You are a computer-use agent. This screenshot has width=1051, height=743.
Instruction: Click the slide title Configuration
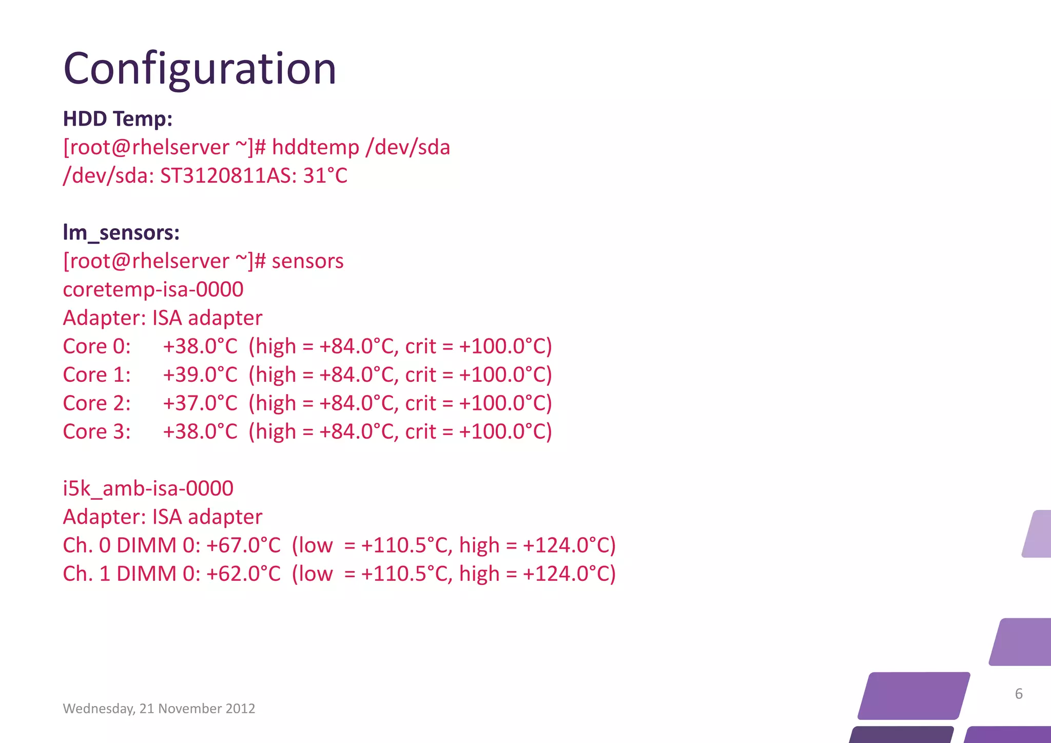point(200,69)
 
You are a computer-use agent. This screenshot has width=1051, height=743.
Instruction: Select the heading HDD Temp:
point(118,119)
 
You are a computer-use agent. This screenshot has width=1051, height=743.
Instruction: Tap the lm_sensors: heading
point(121,232)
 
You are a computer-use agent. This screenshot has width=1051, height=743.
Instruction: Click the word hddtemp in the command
point(315,148)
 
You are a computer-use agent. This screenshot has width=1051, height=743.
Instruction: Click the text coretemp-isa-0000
point(153,290)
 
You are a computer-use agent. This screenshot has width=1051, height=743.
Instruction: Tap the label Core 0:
point(96,347)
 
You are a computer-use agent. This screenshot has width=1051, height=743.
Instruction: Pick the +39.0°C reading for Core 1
point(200,375)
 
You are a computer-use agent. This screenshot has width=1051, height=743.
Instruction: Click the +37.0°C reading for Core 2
point(200,403)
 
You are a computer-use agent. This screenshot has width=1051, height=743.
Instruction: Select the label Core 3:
point(96,432)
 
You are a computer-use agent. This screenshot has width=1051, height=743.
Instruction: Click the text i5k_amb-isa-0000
point(148,488)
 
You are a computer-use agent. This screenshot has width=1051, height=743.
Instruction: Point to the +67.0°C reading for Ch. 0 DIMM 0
point(243,545)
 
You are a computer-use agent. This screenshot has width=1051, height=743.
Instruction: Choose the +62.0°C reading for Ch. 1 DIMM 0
point(243,574)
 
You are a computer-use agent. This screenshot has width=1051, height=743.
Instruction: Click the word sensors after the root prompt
point(307,261)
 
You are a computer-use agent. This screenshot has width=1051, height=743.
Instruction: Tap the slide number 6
point(1019,694)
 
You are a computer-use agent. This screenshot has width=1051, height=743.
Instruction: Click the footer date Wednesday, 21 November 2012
point(159,709)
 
